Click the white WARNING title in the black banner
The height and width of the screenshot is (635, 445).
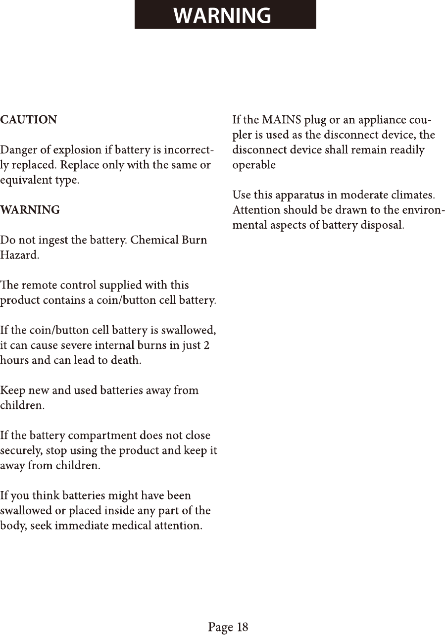click(x=222, y=15)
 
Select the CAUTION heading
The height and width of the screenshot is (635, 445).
click(x=29, y=120)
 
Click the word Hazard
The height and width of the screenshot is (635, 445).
click(x=19, y=256)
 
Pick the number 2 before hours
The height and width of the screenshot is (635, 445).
click(x=206, y=345)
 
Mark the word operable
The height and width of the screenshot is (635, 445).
click(x=254, y=165)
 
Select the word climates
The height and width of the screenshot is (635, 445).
click(x=413, y=195)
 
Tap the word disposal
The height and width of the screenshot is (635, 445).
click(x=382, y=226)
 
